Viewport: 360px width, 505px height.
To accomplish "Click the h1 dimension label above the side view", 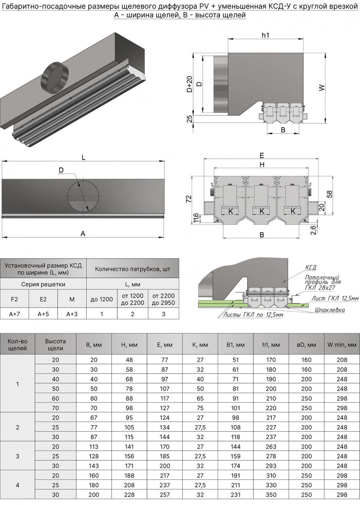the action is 266,35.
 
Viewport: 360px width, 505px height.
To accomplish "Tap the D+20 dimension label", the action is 190,84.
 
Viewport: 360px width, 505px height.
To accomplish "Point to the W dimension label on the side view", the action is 322,87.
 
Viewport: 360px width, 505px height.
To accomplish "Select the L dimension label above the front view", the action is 83,157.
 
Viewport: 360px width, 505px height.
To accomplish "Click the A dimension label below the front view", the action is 83,234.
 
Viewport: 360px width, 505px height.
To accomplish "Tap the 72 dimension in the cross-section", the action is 189,199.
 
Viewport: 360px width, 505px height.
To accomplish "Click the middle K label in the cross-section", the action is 262,211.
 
